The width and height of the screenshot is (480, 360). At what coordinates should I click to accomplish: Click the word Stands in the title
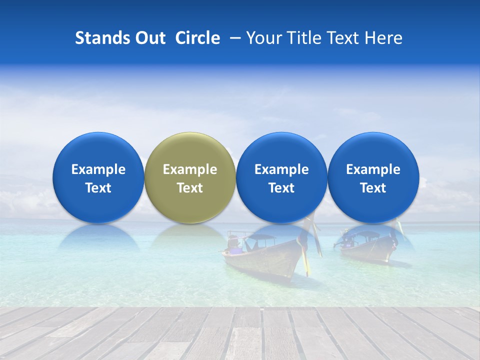click(101, 38)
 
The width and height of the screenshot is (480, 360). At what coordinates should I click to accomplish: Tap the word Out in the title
click(149, 38)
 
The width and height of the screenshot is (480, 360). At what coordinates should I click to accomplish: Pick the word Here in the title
click(384, 38)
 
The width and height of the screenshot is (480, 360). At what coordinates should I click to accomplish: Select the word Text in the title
click(346, 38)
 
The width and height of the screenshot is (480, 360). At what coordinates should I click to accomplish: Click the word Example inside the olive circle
click(190, 169)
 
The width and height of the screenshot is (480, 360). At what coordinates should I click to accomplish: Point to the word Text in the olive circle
click(190, 188)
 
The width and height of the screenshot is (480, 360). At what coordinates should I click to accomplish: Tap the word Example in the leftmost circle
click(98, 169)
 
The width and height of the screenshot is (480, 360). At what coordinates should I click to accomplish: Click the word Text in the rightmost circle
click(373, 188)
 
